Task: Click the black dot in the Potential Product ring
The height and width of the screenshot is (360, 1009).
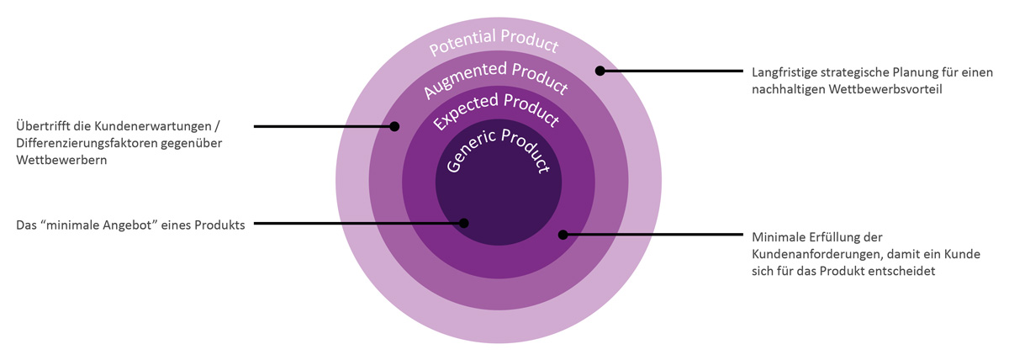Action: click(x=600, y=71)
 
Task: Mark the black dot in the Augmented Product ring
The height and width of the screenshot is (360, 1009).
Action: click(x=394, y=127)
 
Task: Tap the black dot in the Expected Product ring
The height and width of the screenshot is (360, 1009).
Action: click(x=563, y=235)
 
